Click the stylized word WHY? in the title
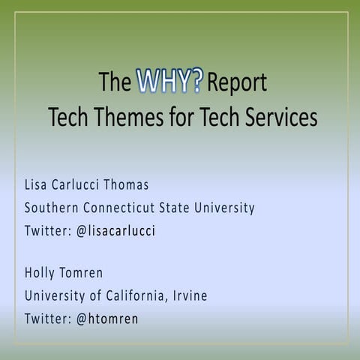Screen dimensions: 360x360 [x=169, y=82]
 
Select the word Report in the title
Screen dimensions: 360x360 [x=236, y=83]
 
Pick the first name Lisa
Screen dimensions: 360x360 [x=37, y=183]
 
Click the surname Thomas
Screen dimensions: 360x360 [x=146, y=183]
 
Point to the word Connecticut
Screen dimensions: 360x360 [x=125, y=207]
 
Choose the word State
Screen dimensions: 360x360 [x=185, y=207]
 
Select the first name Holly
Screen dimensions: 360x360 [x=42, y=272]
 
